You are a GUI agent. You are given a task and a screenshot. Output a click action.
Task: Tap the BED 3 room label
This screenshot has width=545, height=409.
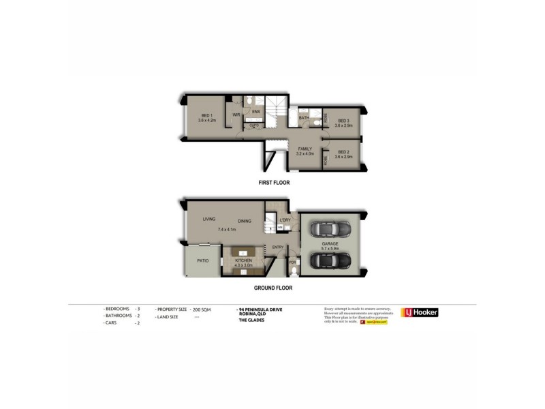click(x=343, y=121)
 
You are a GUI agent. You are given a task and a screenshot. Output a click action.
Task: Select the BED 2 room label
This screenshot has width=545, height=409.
click(x=343, y=152)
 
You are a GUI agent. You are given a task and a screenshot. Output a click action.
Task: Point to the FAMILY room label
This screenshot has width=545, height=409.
click(x=305, y=148)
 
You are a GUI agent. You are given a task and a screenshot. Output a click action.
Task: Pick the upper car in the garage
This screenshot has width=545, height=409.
click(x=329, y=229)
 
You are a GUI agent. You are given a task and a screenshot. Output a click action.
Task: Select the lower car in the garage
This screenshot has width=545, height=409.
click(x=329, y=261)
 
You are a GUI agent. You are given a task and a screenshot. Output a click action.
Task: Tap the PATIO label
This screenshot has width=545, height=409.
click(x=202, y=260)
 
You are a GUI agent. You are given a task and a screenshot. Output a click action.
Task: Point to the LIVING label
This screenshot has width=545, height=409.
click(x=208, y=219)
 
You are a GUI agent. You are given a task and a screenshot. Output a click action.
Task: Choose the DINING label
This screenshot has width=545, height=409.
click(x=245, y=221)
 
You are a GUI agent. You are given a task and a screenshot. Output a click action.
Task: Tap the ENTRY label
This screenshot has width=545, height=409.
click(x=278, y=247)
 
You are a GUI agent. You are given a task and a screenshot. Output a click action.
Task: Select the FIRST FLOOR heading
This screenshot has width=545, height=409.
click(x=275, y=183)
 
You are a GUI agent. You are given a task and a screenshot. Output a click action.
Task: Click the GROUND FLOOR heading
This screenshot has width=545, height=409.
click(x=275, y=288)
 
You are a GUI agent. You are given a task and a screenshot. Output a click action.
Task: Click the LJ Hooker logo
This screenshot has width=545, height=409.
click(x=420, y=313)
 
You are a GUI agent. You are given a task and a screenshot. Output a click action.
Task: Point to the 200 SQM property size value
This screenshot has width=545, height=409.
click(x=201, y=309)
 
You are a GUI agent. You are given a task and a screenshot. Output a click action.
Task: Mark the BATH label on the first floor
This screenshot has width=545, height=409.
click(x=304, y=118)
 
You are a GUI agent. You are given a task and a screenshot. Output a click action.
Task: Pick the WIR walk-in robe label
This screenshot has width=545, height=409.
click(x=236, y=115)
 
